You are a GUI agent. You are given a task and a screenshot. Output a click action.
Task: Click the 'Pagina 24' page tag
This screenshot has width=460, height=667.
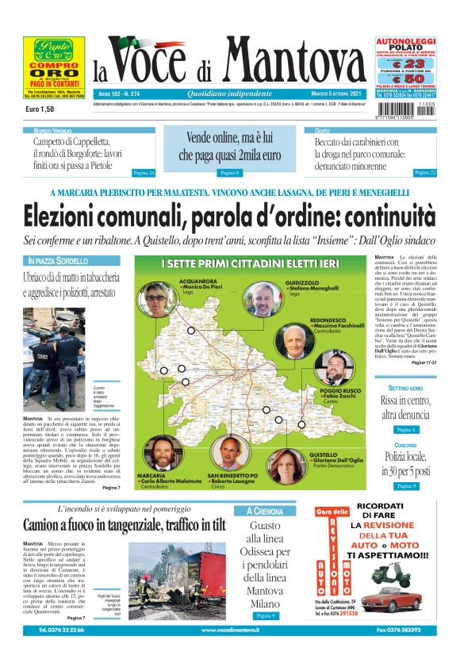click(144, 172)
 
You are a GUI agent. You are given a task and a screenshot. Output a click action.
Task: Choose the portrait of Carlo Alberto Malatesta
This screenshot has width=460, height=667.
click(163, 454)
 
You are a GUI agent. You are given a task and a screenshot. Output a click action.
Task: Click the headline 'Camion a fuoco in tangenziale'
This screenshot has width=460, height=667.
click(124, 525)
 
